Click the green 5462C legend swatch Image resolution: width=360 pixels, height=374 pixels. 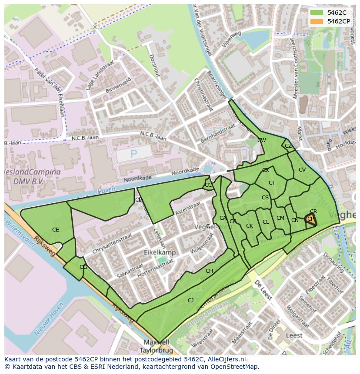317,13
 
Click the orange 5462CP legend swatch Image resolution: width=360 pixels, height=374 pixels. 317,21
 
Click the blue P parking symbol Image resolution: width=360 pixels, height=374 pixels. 133,154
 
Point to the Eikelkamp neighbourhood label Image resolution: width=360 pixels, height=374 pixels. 160,252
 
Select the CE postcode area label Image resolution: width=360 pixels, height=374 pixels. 55,230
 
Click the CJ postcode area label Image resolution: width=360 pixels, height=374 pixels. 190,301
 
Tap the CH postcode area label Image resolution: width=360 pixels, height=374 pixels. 209,271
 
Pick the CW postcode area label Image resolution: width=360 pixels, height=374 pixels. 261,140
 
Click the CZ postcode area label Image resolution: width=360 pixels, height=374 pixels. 288,146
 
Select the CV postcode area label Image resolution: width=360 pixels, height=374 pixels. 302,170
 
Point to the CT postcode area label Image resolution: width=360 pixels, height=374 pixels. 272,183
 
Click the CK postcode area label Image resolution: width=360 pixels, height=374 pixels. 249,226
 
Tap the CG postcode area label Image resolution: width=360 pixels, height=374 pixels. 83,267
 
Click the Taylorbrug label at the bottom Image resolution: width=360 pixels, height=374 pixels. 155,350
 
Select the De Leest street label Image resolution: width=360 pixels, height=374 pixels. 263,290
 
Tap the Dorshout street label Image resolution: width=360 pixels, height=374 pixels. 154,65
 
